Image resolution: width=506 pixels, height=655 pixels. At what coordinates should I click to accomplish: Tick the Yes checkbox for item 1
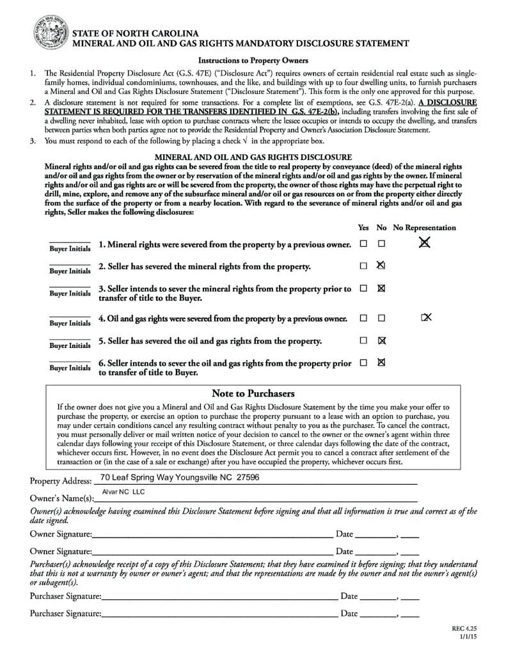pyautogui.click(x=363, y=244)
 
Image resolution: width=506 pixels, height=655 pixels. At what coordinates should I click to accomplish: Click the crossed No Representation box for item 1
pyautogui.click(x=424, y=242)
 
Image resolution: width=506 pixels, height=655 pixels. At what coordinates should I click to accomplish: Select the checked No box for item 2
pyautogui.click(x=381, y=265)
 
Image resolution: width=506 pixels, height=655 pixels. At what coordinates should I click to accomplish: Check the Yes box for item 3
pyautogui.click(x=363, y=288)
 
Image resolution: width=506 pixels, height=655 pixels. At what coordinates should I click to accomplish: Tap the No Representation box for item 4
pyautogui.click(x=427, y=317)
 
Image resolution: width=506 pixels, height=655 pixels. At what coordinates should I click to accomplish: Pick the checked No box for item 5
pyautogui.click(x=382, y=340)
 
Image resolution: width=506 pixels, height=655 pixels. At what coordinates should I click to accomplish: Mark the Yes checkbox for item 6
pyautogui.click(x=363, y=363)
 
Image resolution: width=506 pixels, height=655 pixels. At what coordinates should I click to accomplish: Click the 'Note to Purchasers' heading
pyautogui.click(x=253, y=393)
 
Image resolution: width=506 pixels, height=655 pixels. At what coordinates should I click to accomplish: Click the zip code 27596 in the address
pyautogui.click(x=248, y=477)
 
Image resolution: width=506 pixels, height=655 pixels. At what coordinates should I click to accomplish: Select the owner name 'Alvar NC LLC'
pyautogui.click(x=124, y=491)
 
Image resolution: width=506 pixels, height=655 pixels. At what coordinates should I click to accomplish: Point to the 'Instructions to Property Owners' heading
pyautogui.click(x=253, y=60)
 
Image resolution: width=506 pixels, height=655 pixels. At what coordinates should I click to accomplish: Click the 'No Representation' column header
pyautogui.click(x=425, y=227)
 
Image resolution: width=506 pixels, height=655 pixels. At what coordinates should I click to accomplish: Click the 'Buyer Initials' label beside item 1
pyautogui.click(x=70, y=248)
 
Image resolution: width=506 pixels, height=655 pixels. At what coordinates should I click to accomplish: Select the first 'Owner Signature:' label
pyautogui.click(x=61, y=533)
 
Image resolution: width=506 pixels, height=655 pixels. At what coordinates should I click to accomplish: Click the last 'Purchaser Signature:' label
pyautogui.click(x=65, y=613)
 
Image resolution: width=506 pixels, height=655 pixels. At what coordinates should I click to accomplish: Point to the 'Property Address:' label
pyautogui.click(x=61, y=480)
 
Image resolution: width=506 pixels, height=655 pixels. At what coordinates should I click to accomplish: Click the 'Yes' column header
pyautogui.click(x=363, y=227)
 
